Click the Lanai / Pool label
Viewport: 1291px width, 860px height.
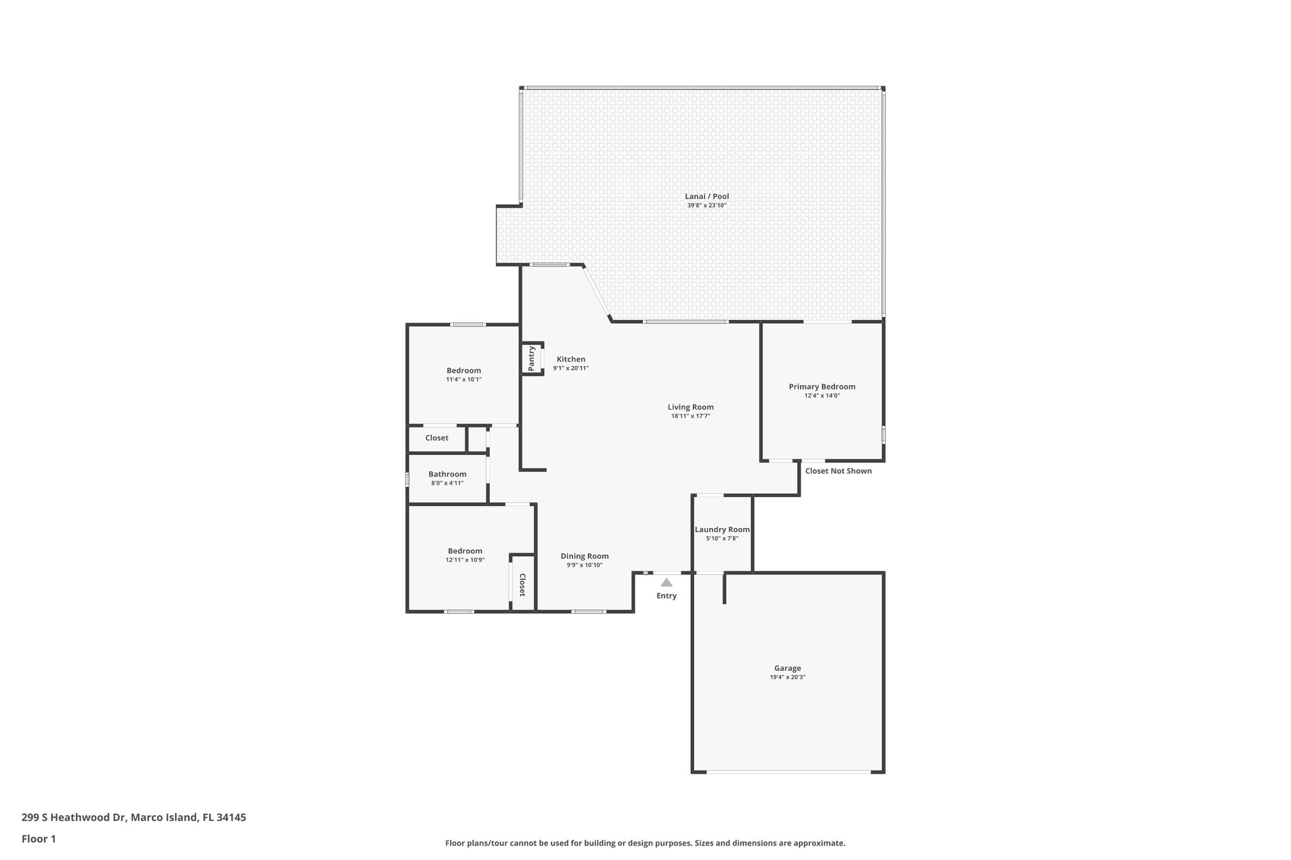tap(707, 197)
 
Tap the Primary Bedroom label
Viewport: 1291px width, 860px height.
tap(822, 387)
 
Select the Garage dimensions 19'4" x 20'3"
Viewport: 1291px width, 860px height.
tap(787, 677)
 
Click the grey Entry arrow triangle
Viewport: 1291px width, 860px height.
tap(666, 583)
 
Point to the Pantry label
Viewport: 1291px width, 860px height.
tap(531, 358)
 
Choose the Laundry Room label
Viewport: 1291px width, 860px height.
tap(722, 530)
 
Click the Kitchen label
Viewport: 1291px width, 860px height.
tap(570, 360)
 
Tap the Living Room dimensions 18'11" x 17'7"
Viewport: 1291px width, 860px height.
tap(690, 416)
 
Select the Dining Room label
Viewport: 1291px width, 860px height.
tap(584, 556)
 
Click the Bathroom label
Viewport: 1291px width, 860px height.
tap(447, 474)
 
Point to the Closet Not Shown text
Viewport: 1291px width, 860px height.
tap(838, 471)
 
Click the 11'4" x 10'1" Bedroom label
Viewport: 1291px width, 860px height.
tap(463, 370)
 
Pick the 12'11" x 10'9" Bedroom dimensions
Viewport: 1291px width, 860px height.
tap(465, 560)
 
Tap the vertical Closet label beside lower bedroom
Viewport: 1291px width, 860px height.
tap(523, 585)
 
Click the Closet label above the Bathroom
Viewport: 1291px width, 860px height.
tap(436, 438)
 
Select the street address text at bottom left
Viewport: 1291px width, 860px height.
tap(134, 817)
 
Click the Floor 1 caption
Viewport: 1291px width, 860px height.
tap(38, 839)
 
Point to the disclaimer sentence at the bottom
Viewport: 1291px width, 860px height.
tap(645, 843)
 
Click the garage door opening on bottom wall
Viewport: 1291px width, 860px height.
tap(788, 772)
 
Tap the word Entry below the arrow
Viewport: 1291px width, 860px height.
tap(666, 596)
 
